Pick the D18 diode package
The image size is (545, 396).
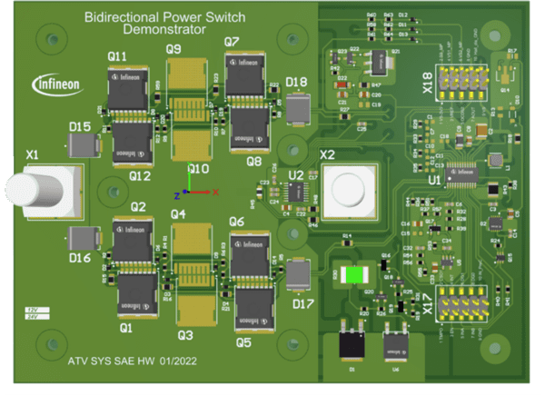click(x=299, y=108)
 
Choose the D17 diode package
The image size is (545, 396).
click(x=298, y=273)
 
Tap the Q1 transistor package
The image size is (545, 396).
click(x=134, y=293)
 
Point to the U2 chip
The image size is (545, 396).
click(x=297, y=191)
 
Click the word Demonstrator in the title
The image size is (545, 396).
click(x=156, y=30)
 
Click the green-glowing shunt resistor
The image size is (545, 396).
click(x=354, y=273)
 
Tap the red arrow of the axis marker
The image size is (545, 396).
click(x=211, y=193)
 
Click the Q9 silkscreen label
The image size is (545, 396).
click(x=174, y=48)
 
